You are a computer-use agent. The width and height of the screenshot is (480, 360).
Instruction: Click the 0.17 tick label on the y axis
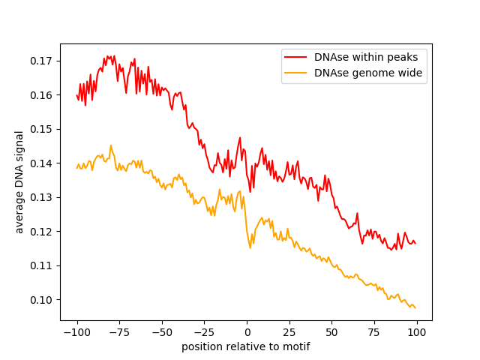tap(42, 61)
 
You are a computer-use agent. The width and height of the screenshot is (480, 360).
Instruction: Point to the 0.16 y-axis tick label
tap(42, 95)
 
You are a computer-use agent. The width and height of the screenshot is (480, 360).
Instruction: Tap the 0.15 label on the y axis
tap(42, 129)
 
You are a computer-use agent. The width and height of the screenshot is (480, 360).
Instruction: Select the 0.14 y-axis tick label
tap(42, 163)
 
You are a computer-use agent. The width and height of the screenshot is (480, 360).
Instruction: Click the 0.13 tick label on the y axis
tap(42, 197)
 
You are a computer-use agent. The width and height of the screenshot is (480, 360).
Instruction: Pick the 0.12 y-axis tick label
tap(42, 232)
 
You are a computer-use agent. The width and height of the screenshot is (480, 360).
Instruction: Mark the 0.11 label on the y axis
tap(42, 265)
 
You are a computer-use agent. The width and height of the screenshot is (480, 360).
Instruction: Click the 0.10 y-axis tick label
tap(42, 300)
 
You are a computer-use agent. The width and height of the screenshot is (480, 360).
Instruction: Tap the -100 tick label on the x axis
tap(76, 332)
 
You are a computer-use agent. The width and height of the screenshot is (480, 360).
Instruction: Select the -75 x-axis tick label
tap(118, 332)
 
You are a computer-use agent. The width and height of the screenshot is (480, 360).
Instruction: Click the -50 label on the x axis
tap(161, 332)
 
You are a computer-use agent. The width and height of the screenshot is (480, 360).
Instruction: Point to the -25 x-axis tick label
tap(204, 332)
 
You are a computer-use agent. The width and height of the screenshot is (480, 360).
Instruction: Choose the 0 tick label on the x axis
tap(247, 332)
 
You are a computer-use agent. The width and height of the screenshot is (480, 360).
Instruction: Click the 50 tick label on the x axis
tap(331, 332)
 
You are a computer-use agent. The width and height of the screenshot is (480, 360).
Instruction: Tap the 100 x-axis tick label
tap(416, 332)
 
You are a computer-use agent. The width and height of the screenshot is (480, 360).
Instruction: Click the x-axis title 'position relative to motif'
tap(246, 347)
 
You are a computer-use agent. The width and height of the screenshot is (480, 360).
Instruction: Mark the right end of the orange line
tap(415, 307)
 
